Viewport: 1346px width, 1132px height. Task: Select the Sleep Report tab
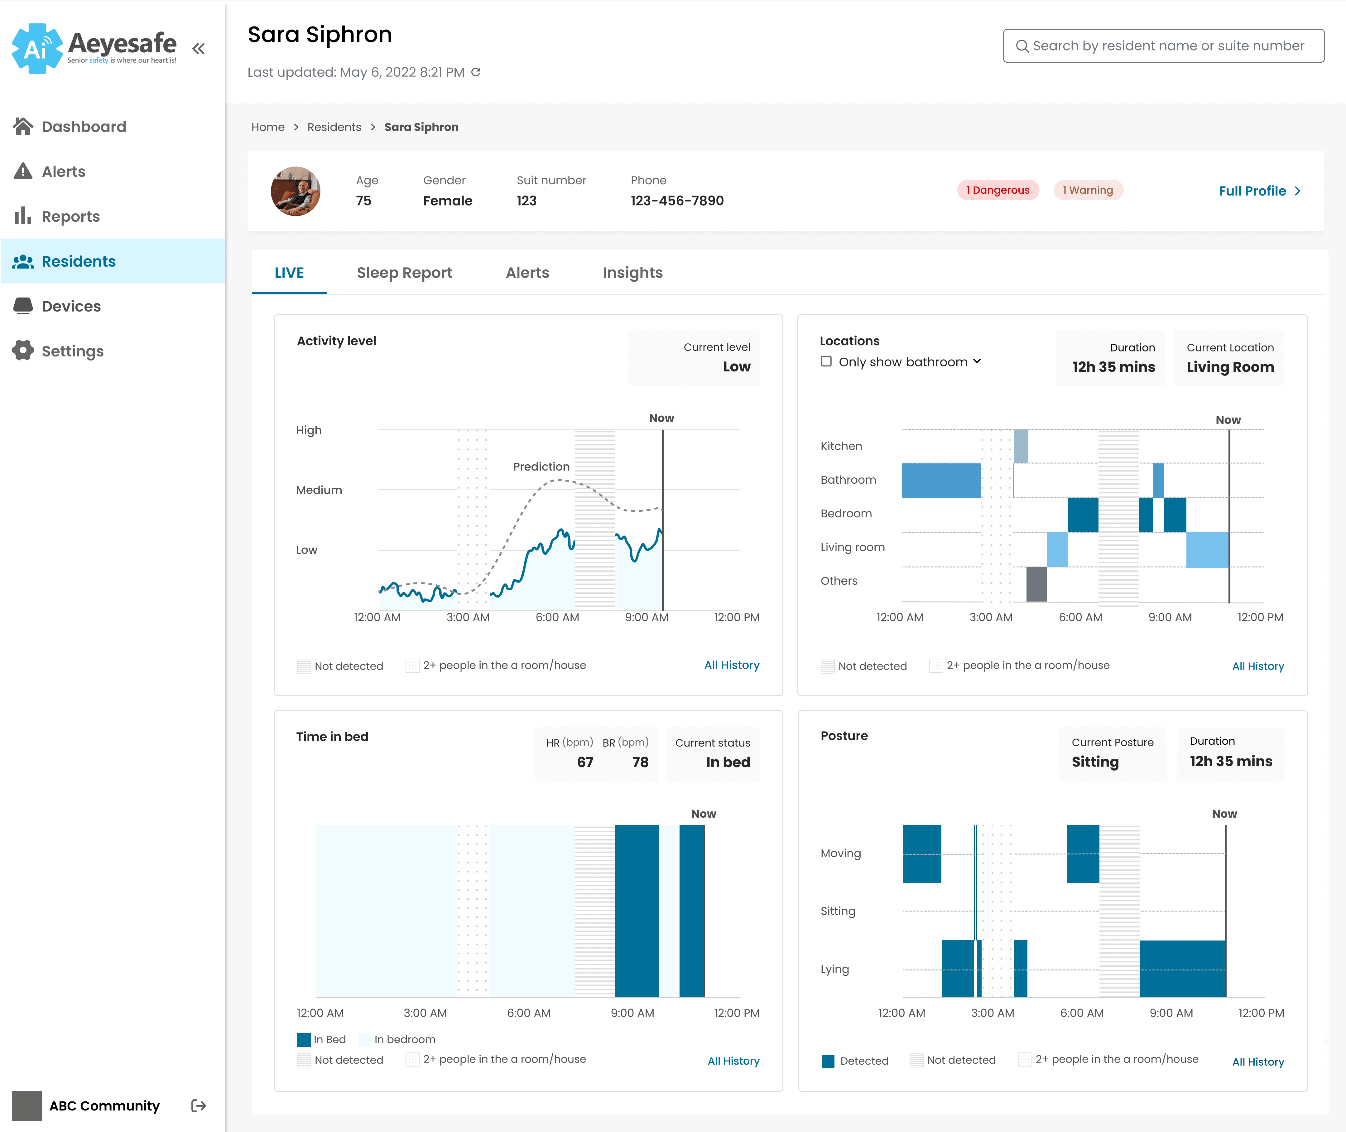[404, 273]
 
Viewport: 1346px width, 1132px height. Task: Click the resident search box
[1163, 46]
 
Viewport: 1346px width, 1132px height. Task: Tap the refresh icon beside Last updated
[475, 72]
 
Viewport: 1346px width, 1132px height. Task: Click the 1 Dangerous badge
[997, 190]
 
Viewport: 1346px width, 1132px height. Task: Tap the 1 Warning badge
[1088, 190]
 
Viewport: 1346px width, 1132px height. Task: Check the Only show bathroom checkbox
[826, 361]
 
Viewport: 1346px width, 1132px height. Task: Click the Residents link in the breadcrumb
[334, 127]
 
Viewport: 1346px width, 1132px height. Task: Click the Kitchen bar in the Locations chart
[1021, 446]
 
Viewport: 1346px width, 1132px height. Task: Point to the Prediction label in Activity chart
[541, 467]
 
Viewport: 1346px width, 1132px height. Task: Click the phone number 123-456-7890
[677, 201]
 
